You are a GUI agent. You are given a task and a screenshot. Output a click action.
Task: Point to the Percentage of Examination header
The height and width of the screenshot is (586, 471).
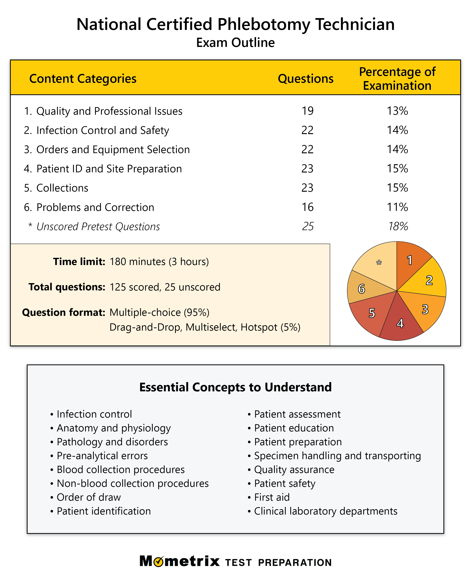click(397, 78)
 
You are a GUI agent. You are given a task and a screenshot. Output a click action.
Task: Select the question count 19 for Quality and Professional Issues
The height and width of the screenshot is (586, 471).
click(307, 111)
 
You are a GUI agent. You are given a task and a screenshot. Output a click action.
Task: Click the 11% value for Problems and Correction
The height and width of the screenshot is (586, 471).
click(397, 207)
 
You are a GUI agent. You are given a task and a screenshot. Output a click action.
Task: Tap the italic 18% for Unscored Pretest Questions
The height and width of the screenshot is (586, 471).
click(398, 226)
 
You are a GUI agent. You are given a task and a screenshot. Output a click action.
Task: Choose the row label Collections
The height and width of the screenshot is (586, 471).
click(62, 188)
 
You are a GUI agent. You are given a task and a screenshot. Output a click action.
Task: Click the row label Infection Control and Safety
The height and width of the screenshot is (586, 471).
click(103, 130)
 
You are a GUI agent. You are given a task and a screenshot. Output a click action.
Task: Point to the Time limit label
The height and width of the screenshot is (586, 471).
click(79, 262)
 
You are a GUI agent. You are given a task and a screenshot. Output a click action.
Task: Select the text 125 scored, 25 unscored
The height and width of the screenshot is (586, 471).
click(165, 287)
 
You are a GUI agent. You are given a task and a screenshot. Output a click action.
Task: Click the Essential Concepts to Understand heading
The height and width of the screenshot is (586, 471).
click(235, 387)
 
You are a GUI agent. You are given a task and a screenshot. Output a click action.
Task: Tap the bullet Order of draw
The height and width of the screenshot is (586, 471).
click(89, 497)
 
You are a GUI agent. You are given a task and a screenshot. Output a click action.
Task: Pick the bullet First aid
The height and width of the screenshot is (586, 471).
click(272, 497)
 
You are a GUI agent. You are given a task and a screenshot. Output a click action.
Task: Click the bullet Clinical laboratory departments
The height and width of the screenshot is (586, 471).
click(326, 511)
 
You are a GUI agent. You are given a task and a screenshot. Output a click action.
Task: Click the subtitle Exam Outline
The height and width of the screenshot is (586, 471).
click(235, 43)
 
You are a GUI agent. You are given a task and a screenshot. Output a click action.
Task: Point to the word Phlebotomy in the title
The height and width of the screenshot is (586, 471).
click(264, 24)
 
